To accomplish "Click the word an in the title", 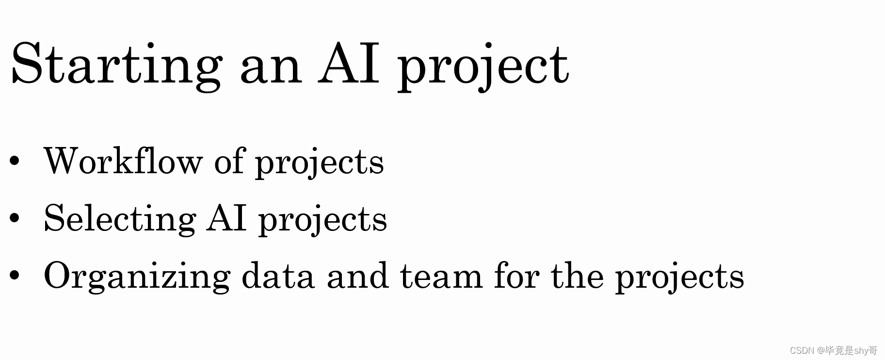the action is (x=271, y=68).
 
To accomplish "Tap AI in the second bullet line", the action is (x=226, y=218).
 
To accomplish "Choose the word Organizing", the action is (x=137, y=277).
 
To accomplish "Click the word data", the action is (x=277, y=276).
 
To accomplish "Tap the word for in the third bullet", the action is (x=516, y=275).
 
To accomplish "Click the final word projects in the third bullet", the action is (x=679, y=277).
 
